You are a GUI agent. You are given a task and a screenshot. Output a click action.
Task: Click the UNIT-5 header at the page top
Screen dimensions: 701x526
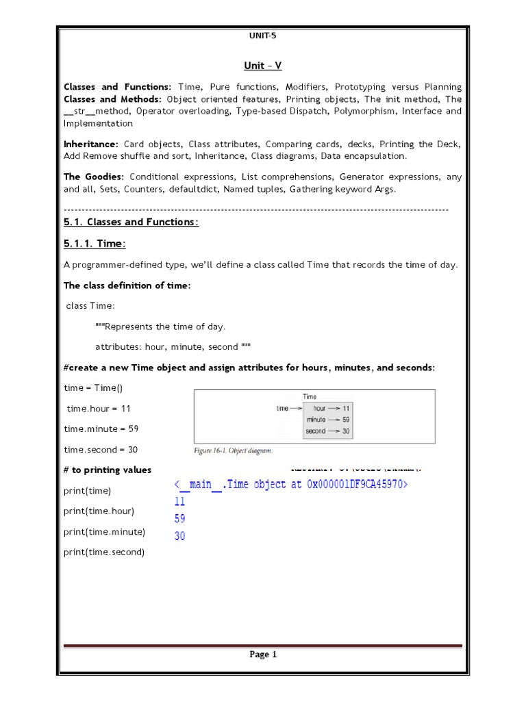click(263, 36)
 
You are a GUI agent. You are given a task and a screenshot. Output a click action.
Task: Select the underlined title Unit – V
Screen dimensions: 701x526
click(263, 66)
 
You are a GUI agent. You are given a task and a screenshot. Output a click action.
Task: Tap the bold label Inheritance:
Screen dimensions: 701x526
click(91, 144)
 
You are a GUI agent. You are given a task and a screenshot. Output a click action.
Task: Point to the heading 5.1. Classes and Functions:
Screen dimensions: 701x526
click(131, 222)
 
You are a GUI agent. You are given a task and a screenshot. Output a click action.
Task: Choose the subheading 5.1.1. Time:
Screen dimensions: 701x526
click(95, 244)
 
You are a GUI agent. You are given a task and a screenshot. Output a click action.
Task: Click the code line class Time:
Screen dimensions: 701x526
click(91, 306)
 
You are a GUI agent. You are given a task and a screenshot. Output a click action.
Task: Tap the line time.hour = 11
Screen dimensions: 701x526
click(99, 409)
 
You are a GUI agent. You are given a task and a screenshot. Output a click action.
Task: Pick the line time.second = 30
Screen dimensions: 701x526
click(101, 450)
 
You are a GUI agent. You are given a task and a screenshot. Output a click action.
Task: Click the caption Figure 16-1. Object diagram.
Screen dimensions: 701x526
click(233, 451)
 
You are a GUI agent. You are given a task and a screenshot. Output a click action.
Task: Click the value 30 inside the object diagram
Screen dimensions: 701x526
click(346, 431)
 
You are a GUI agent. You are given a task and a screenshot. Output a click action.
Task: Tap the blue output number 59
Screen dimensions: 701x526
click(179, 519)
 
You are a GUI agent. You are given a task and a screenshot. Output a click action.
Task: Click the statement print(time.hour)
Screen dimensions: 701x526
click(99, 511)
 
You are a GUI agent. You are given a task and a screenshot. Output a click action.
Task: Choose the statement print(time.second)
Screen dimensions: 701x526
click(104, 552)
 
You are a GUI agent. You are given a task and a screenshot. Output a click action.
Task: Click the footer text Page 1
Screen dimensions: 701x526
click(263, 654)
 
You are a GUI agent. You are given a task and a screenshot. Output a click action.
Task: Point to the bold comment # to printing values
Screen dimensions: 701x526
click(108, 470)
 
